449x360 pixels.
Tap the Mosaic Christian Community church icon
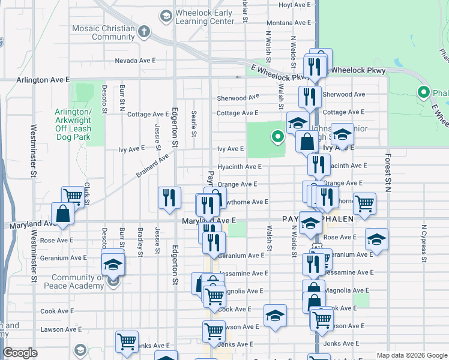(x=143, y=31)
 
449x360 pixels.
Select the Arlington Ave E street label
(x=43, y=79)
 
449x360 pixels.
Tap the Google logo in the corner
(x=20, y=352)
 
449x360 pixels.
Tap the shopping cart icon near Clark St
(x=73, y=196)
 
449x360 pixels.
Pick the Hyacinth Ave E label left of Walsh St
(x=239, y=166)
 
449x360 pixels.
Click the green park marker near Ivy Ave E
(x=277, y=137)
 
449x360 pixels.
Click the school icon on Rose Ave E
(x=376, y=239)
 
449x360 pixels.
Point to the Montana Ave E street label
(x=288, y=23)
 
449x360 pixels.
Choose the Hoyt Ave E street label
(x=294, y=5)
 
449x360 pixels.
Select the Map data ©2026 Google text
(x=411, y=355)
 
